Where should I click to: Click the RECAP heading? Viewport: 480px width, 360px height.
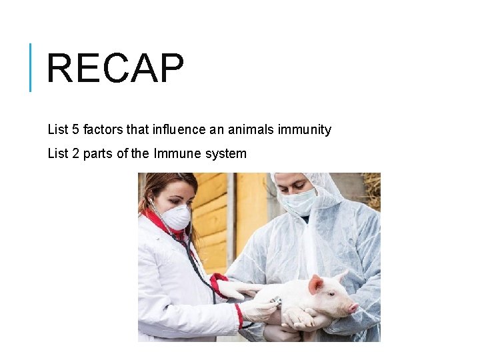point(115,69)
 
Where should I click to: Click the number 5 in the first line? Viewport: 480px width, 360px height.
point(75,129)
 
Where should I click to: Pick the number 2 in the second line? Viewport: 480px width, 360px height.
point(75,154)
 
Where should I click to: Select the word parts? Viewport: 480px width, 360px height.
point(98,154)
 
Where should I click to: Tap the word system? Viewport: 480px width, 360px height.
point(226,154)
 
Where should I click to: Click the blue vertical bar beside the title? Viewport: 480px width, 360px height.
point(31,67)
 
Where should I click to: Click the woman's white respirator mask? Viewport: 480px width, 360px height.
point(176,217)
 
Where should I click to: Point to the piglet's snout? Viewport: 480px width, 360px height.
point(353,307)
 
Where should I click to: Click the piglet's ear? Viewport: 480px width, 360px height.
point(315,285)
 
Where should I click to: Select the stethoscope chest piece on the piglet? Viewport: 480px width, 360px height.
point(277,303)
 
